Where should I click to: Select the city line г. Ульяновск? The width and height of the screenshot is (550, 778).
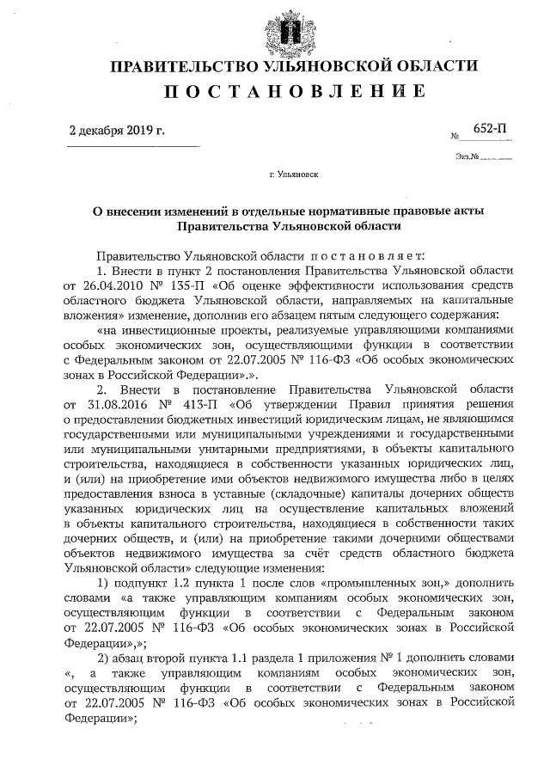pyautogui.click(x=293, y=175)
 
